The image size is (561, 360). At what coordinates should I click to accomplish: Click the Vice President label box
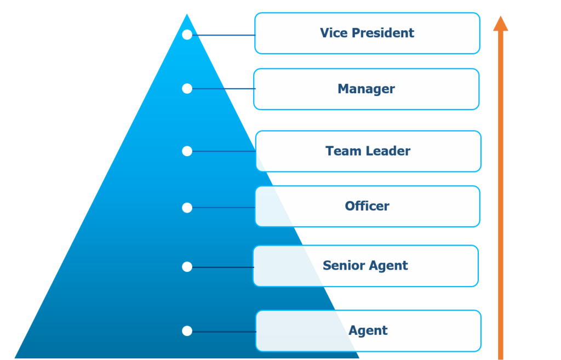point(367,33)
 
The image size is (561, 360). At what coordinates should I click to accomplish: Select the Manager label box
point(366,89)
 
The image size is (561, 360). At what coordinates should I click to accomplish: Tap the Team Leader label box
point(368,151)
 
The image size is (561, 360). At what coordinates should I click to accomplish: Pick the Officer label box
point(367,207)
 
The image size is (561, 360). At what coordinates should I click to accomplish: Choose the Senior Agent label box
point(365,266)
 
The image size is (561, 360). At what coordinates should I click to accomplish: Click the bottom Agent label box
point(368,331)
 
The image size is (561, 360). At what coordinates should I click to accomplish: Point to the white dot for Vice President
point(187,35)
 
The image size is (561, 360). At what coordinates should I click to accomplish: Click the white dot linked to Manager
point(187,88)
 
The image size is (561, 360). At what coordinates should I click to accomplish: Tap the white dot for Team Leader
point(187,151)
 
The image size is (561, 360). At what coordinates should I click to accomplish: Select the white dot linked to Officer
point(187,208)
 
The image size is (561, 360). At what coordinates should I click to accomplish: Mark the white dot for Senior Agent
point(187,267)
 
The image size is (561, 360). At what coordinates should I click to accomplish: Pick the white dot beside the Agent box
point(187,331)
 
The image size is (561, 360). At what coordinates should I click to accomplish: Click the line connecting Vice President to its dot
point(224,35)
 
